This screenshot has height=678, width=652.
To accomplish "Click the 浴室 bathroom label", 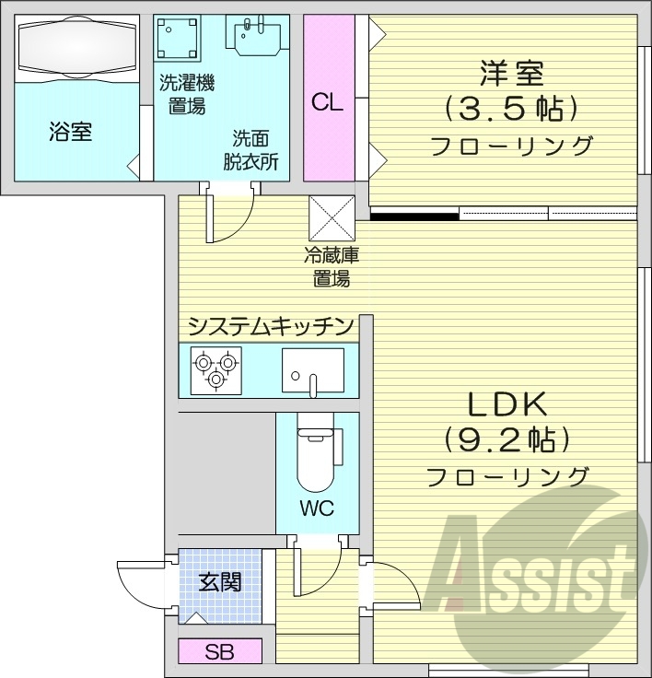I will pyautogui.click(x=70, y=132).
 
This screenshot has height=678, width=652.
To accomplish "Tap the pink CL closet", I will pyautogui.click(x=326, y=101).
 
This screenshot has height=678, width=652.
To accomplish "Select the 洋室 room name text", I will pyautogui.click(x=511, y=72).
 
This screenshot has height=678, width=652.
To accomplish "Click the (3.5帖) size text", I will pyautogui.click(x=511, y=109).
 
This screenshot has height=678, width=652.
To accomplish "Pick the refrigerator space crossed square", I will pyautogui.click(x=332, y=219).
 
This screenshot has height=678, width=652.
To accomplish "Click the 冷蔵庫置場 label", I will pyautogui.click(x=327, y=267).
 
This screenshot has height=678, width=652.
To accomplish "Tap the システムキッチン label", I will pyautogui.click(x=270, y=325).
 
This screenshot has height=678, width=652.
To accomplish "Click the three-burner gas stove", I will pyautogui.click(x=216, y=368).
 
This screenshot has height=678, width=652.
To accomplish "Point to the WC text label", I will pyautogui.click(x=316, y=508).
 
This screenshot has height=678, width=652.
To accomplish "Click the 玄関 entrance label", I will pyautogui.click(x=221, y=582).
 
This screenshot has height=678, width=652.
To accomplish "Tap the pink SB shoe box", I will pyautogui.click(x=220, y=652).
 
